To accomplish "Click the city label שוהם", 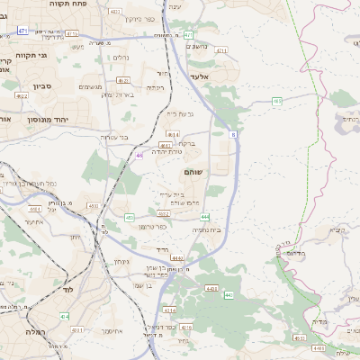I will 193,171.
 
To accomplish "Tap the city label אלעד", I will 200,76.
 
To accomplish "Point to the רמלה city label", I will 24,331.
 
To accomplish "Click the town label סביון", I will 19,87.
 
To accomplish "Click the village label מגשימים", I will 91,87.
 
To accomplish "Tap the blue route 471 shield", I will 22,31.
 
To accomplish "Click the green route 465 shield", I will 277,102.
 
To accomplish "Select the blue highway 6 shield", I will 233,134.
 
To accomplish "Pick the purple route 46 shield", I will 139,155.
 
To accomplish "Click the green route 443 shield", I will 229,294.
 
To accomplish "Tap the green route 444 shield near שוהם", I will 205,217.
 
